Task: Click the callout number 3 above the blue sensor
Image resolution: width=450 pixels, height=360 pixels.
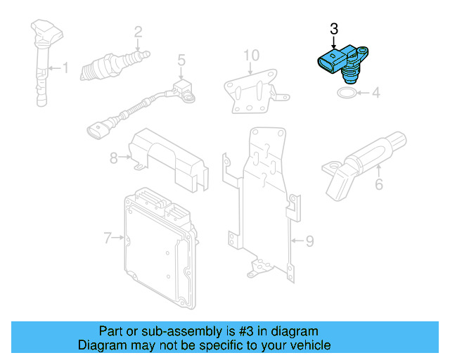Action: coord(334,29)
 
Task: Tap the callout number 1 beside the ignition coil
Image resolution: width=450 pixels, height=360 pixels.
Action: coord(66,68)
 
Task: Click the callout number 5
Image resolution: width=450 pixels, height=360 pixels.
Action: coord(181,60)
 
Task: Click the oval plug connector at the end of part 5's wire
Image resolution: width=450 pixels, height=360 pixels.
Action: coord(98,130)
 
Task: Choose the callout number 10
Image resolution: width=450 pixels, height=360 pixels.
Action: coord(251,54)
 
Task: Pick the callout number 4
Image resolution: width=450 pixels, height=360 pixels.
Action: coord(375,92)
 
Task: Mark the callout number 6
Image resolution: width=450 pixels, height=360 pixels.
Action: coord(378,185)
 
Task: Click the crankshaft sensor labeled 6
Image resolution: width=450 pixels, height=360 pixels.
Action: coord(362,158)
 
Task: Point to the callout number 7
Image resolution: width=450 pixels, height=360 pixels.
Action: coord(108,238)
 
